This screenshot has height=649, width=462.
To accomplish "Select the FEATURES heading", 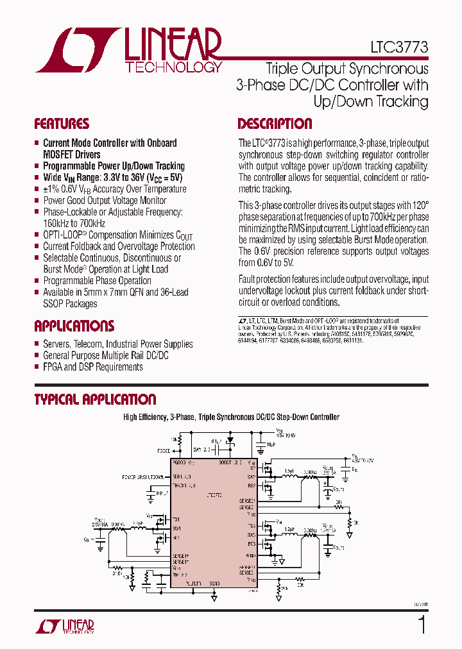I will (x=62, y=124).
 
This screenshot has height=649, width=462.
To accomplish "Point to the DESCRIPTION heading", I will (x=275, y=124).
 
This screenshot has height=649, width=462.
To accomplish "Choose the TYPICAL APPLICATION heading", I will (x=95, y=399).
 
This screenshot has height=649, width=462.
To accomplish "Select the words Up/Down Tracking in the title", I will (x=370, y=101).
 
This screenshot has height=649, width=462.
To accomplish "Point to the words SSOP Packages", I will (x=70, y=304).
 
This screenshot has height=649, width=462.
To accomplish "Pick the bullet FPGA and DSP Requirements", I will (x=92, y=367).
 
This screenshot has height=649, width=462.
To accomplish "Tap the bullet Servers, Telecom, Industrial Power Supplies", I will (x=117, y=344).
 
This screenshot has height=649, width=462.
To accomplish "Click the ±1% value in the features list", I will (x=53, y=189).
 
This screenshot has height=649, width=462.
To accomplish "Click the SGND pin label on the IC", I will (x=214, y=584).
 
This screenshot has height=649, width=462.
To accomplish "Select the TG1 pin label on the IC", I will (x=176, y=519).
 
